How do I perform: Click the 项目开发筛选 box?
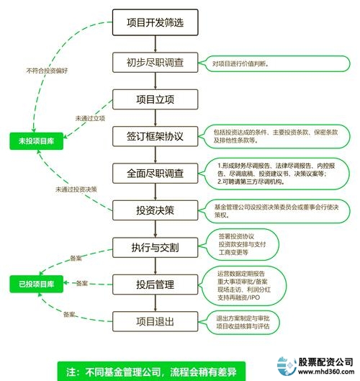pyautogui.click(x=155, y=22)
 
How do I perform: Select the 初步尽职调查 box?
pyautogui.click(x=155, y=63)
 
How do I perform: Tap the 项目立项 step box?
pyautogui.click(x=155, y=99)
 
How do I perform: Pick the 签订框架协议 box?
pyautogui.click(x=155, y=136)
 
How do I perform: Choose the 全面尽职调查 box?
pyautogui.click(x=155, y=174)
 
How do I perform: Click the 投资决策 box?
pyautogui.click(x=155, y=211)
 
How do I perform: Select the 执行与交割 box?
pyautogui.click(x=155, y=247)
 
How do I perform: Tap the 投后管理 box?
pyautogui.click(x=155, y=284)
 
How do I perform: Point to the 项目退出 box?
pyautogui.click(x=155, y=321)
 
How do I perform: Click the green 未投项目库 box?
pyautogui.click(x=32, y=141)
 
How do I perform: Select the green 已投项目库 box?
pyautogui.click(x=32, y=284)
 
